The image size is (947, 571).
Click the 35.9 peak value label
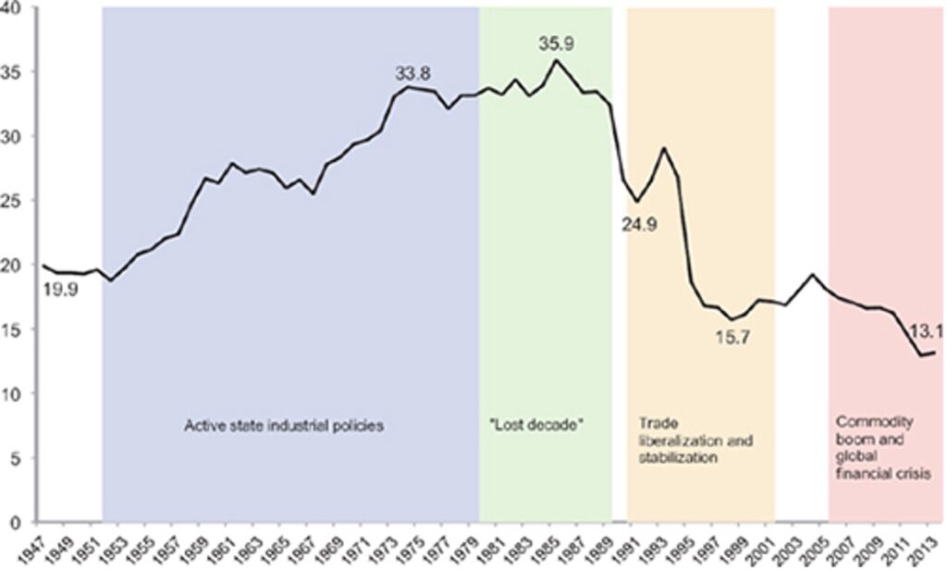point(559,43)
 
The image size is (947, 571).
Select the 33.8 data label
point(413,72)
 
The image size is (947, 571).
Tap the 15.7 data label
point(731,337)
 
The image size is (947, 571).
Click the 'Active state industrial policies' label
point(284,427)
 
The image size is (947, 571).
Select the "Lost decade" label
point(540,427)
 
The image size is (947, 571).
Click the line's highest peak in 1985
point(555,60)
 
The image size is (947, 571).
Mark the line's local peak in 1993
point(663,148)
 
